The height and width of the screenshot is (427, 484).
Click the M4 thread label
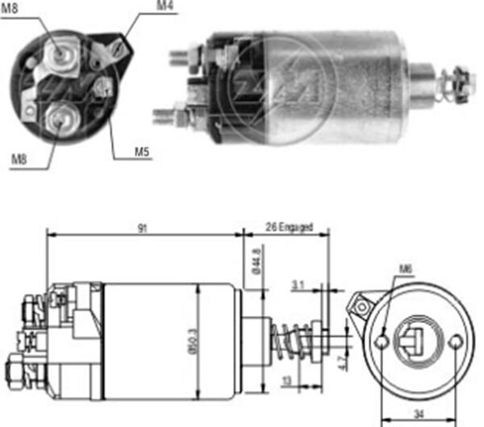pos(165,6)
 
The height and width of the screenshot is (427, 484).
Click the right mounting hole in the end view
pos(457,341)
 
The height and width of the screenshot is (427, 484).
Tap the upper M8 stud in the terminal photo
pos(60,52)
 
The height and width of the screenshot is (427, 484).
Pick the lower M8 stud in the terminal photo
pos(59,119)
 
